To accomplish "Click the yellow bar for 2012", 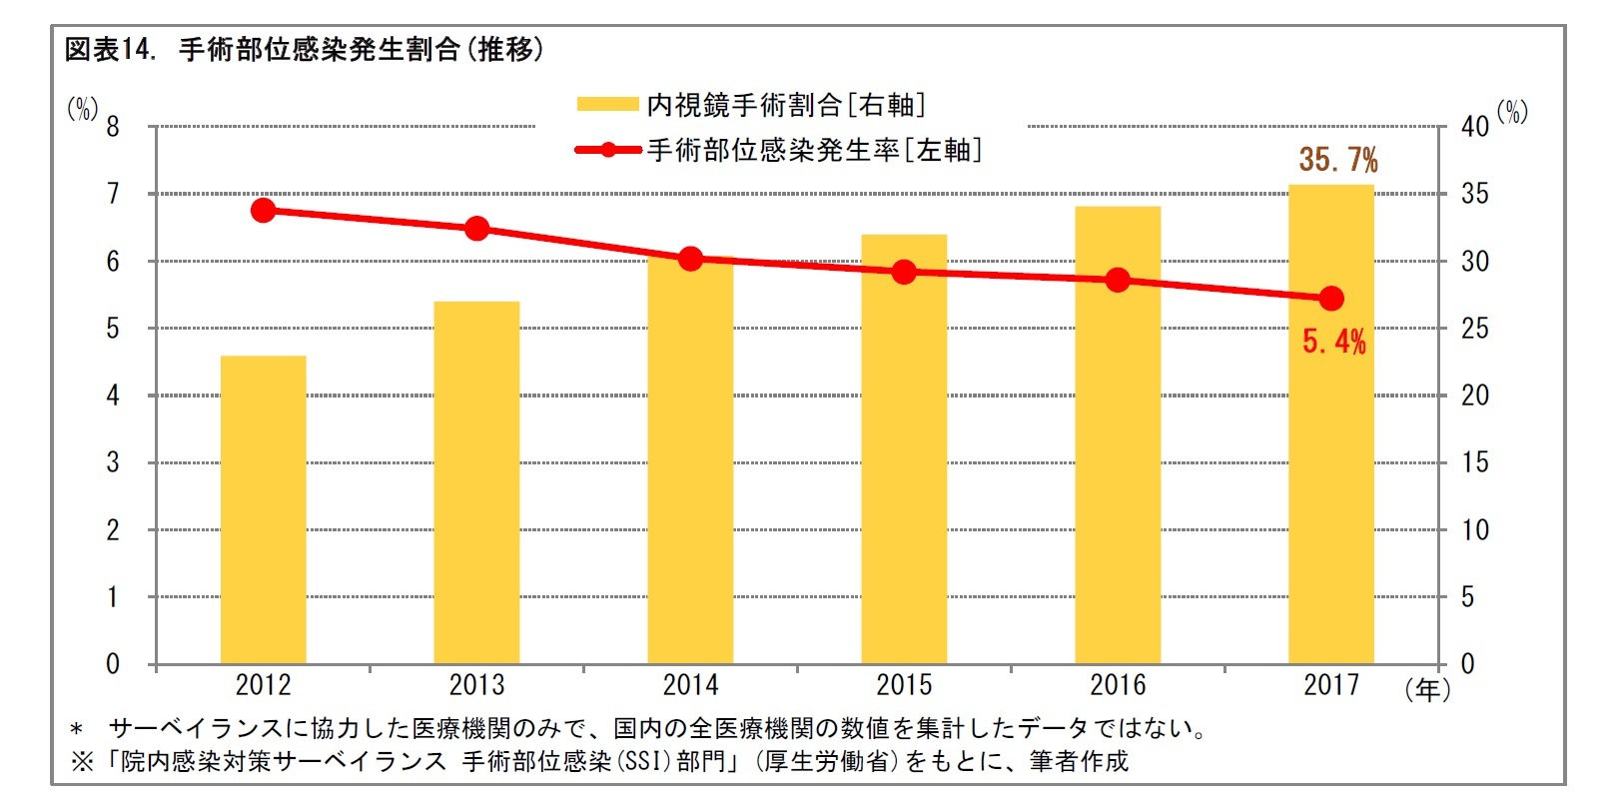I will click(x=263, y=509).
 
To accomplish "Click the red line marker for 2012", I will click(x=264, y=210).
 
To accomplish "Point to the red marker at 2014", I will click(x=690, y=259).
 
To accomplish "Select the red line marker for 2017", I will click(x=1330, y=298).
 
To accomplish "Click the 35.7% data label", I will click(x=1337, y=159).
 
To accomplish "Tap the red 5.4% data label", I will click(x=1333, y=342).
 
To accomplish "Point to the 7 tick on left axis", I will click(x=113, y=194).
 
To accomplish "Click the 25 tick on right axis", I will click(x=1474, y=329).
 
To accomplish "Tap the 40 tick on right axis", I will click(x=1474, y=127).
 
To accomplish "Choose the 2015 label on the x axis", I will click(x=904, y=685).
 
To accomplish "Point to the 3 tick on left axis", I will click(x=113, y=462).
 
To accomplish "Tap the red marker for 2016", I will click(x=1118, y=280).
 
